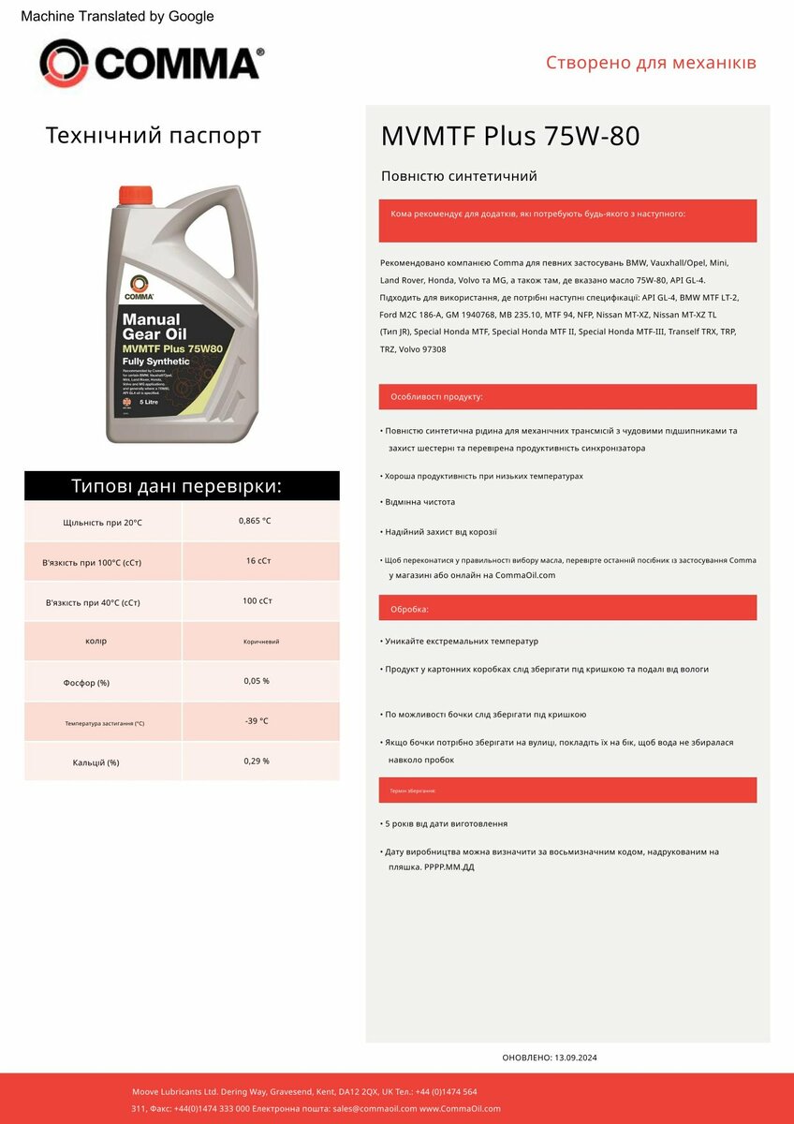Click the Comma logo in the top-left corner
151,64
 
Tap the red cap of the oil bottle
135,195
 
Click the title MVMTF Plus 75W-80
509,137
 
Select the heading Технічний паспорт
154,136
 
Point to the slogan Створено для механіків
651,64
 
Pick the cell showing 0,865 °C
255,521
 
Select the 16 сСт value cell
257,561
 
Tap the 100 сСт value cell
257,601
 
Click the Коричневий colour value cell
261,642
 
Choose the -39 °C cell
256,721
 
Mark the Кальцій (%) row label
96,762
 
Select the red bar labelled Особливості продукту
567,397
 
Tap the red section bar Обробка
567,609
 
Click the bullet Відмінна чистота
420,502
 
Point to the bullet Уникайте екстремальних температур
462,642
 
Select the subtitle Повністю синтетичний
459,176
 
